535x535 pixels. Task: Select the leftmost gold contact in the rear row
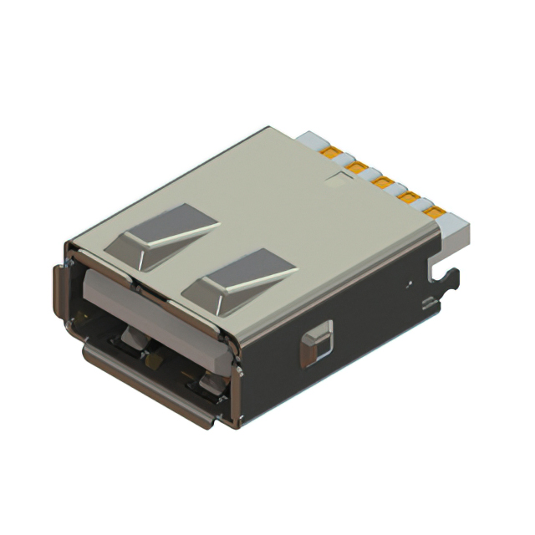tap(333, 155)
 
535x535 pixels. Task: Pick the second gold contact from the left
tap(357, 169)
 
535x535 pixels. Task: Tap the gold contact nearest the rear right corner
tap(435, 212)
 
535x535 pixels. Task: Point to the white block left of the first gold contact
tap(314, 140)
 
